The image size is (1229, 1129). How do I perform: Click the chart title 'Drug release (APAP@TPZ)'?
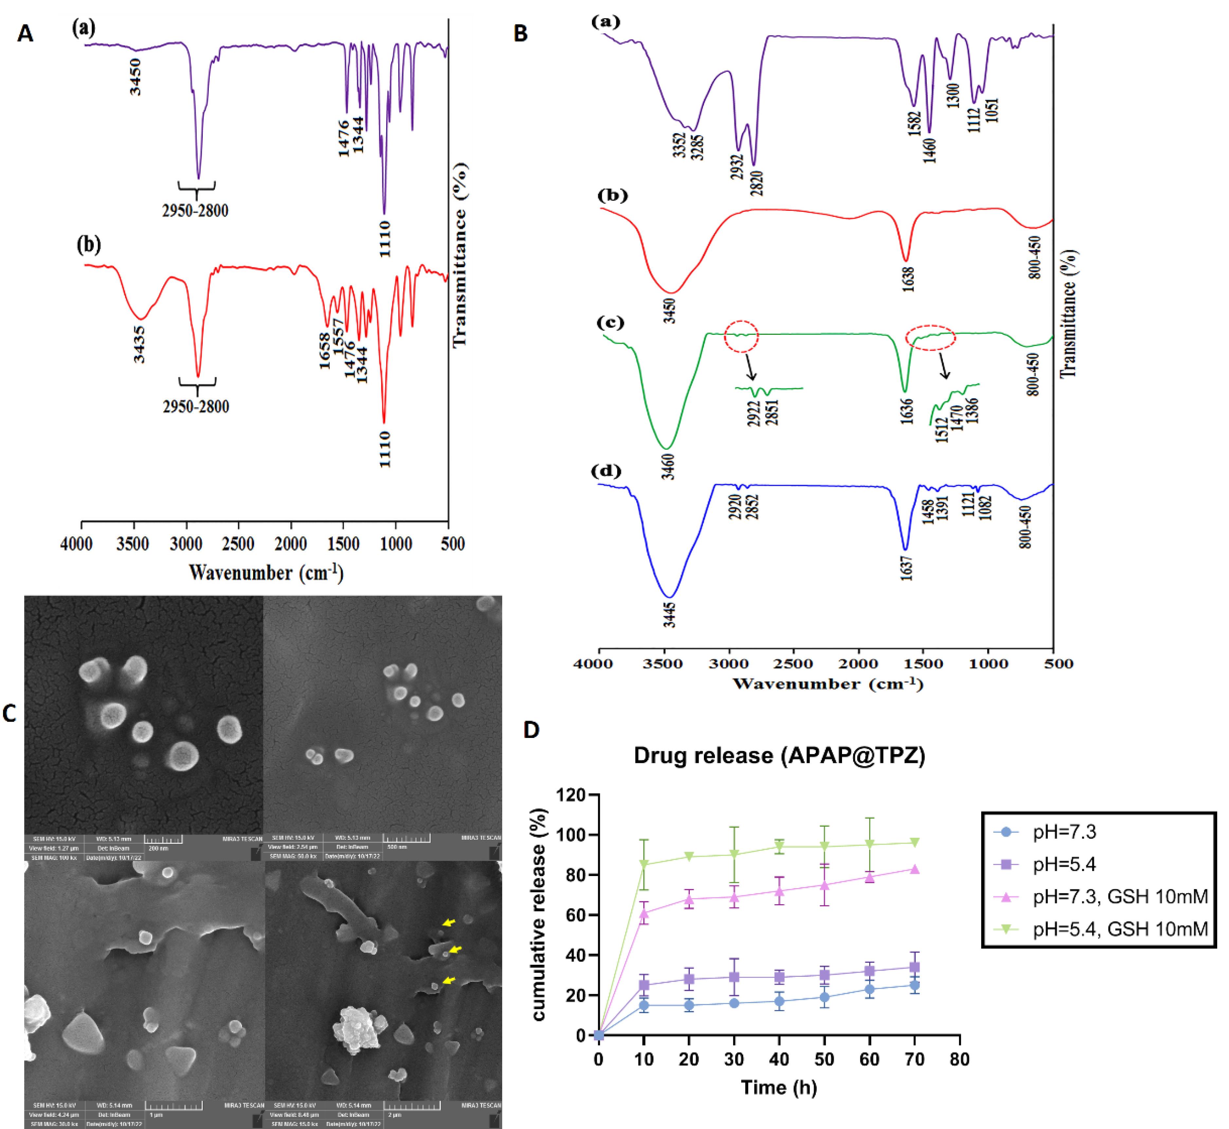tap(779, 756)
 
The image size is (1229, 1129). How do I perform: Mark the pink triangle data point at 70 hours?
tap(915, 869)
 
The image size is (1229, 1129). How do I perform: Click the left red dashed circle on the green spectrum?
tap(741, 335)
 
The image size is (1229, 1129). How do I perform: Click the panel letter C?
tap(9, 714)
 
